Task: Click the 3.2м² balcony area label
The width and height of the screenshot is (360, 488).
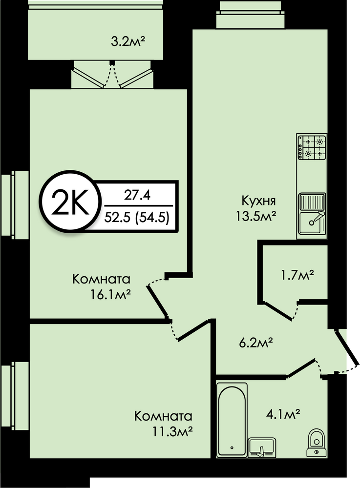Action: [x=128, y=41]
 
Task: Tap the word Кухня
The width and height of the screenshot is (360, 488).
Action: [x=258, y=201]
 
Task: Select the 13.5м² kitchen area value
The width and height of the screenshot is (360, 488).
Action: [x=256, y=216]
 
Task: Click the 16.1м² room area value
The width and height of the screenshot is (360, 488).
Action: [x=110, y=294]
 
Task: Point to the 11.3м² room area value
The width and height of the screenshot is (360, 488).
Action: [x=172, y=431]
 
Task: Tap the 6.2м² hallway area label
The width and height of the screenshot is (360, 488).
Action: [x=256, y=344]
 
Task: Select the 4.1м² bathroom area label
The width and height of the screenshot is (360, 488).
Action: [x=283, y=414]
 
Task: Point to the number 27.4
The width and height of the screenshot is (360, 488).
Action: [x=137, y=196]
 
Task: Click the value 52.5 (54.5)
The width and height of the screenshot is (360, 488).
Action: [x=137, y=217]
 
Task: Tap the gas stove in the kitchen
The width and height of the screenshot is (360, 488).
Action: [x=312, y=147]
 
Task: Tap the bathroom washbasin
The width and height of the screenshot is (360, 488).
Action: [x=262, y=447]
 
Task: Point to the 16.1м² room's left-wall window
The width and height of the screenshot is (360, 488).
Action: [x=15, y=205]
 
